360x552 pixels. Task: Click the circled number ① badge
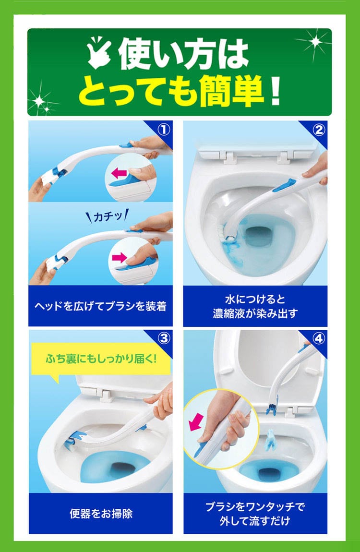click(164, 130)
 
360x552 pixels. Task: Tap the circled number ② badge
click(318, 130)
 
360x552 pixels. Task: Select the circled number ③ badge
click(164, 338)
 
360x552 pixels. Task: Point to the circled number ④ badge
click(318, 338)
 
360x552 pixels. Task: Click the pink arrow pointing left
click(119, 173)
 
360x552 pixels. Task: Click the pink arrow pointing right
click(119, 258)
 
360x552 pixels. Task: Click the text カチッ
click(108, 216)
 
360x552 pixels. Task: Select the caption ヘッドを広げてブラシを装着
click(100, 306)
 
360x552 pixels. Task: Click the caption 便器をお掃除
click(101, 514)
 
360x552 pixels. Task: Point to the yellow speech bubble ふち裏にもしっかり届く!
click(101, 360)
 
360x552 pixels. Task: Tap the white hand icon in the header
click(99, 52)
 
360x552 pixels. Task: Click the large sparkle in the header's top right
click(315, 42)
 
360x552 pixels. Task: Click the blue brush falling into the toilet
click(271, 440)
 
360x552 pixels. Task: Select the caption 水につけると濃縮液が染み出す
click(255, 306)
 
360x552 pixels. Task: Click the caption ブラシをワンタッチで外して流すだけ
click(255, 514)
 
